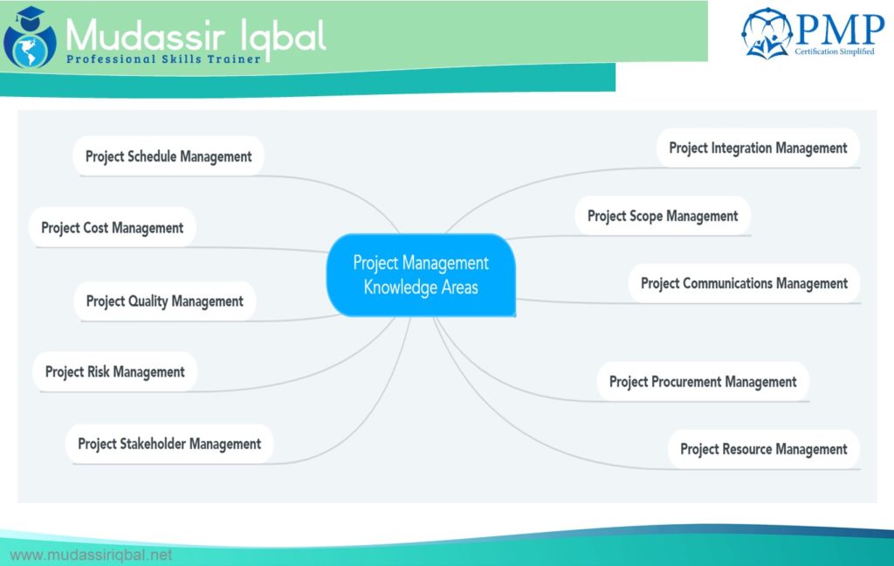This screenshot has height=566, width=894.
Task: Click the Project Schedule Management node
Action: (168, 156)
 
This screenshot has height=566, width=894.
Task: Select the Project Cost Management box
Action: (113, 228)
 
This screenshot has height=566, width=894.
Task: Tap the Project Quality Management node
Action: (165, 301)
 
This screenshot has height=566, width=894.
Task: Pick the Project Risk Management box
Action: (114, 372)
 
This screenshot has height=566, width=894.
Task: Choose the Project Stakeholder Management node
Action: (169, 444)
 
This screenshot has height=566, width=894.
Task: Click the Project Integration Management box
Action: (758, 148)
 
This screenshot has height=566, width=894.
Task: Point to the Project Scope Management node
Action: (663, 216)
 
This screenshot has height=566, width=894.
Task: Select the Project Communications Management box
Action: (744, 284)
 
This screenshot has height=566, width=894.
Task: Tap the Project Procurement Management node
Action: (703, 382)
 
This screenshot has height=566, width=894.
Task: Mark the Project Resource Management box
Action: (763, 449)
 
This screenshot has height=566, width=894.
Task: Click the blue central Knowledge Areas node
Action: (421, 275)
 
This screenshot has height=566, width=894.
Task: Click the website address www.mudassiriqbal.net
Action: (91, 555)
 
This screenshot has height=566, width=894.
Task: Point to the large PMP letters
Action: (838, 31)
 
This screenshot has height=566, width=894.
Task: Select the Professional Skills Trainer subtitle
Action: (163, 59)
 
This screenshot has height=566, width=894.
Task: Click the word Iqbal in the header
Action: (281, 35)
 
